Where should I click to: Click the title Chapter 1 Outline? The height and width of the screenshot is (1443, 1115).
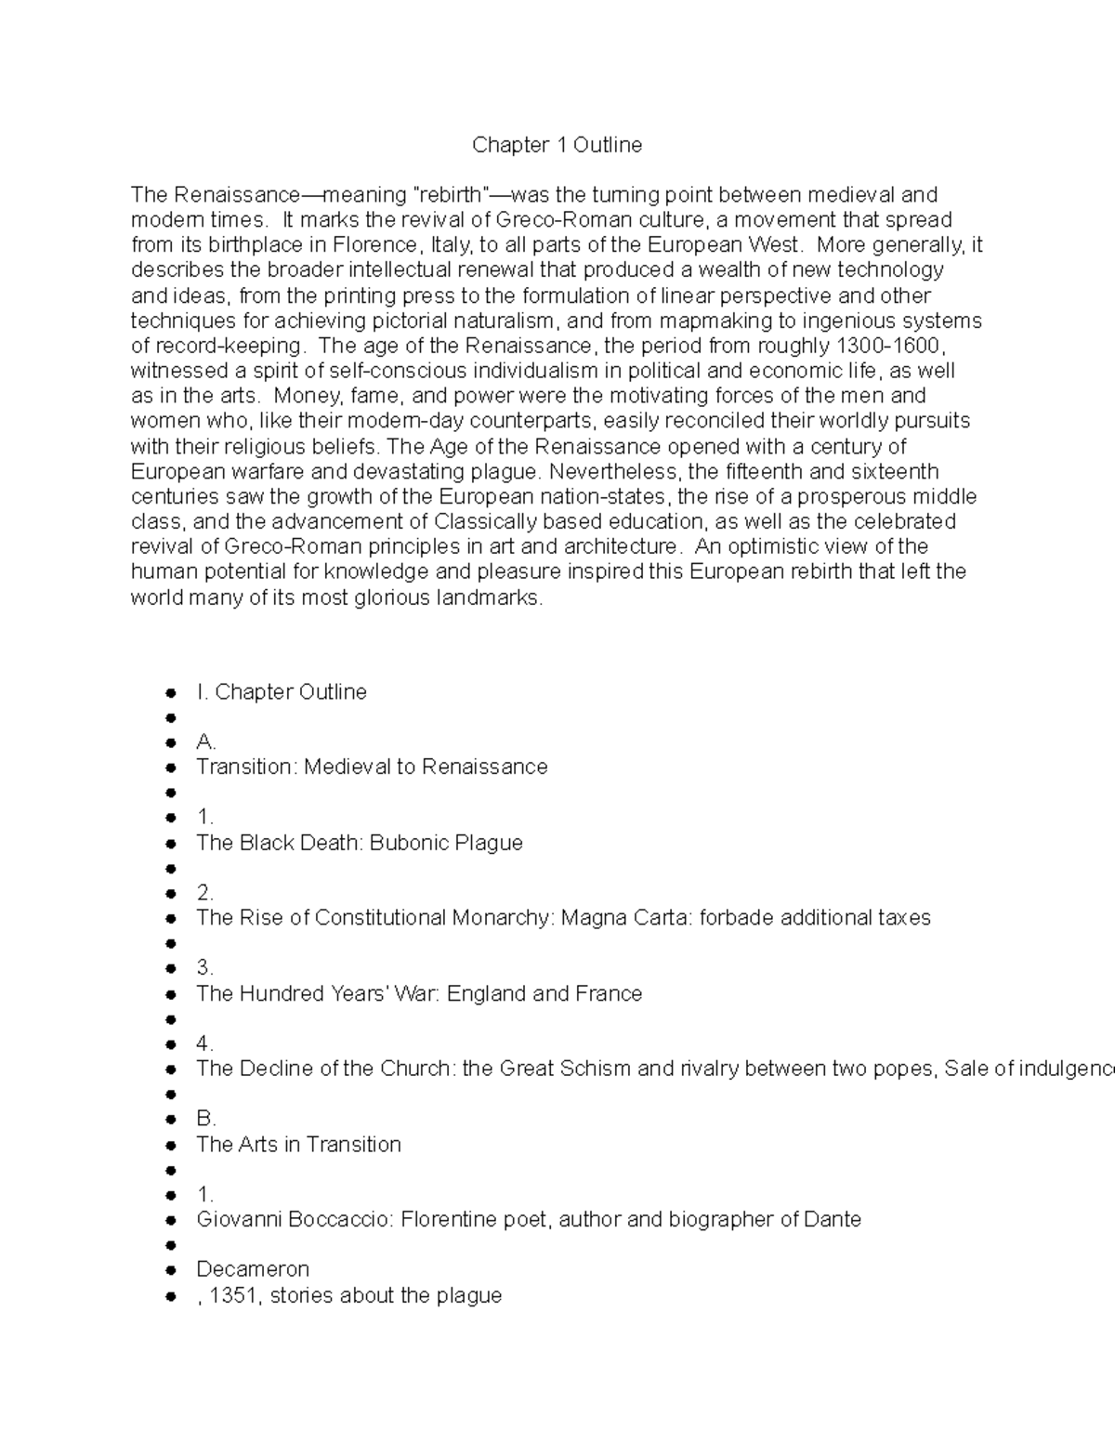pos(557,145)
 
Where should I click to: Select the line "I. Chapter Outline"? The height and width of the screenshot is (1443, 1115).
pos(281,692)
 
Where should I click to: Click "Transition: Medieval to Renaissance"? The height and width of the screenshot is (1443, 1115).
pos(372,767)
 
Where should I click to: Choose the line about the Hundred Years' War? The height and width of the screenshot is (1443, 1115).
pos(418,993)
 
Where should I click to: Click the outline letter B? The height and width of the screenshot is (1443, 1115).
pos(205,1119)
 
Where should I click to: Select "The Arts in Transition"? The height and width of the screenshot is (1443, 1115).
pos(298,1144)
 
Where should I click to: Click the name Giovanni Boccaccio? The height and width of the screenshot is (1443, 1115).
pos(294,1219)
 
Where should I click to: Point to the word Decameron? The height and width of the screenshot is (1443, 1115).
pos(252,1269)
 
